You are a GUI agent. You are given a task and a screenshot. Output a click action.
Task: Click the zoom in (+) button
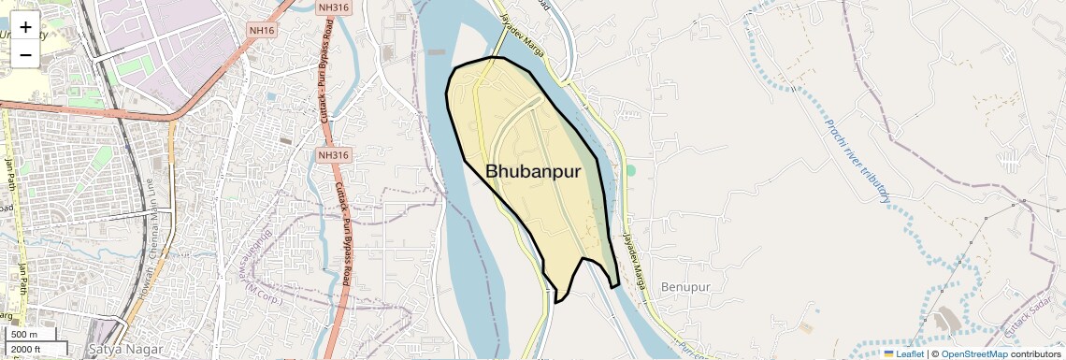coord(25,26)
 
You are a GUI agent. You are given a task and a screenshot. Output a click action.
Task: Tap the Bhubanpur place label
coord(533,172)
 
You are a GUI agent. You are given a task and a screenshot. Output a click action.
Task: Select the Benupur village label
coord(685,285)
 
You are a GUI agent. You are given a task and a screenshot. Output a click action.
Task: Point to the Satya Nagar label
coord(119,349)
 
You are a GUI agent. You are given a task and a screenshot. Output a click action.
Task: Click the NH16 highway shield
coord(261,31)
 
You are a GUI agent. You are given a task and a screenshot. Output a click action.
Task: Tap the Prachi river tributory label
coord(857,161)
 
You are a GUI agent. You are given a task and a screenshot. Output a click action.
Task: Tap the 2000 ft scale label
coord(25,350)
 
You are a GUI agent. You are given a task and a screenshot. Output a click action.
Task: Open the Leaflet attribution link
coord(910,354)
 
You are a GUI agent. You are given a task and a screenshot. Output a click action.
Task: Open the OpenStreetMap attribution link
coord(973,354)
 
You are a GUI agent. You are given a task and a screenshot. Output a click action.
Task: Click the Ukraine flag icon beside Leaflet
coord(888,354)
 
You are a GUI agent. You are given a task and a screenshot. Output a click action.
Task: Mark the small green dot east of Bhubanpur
coord(630,170)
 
